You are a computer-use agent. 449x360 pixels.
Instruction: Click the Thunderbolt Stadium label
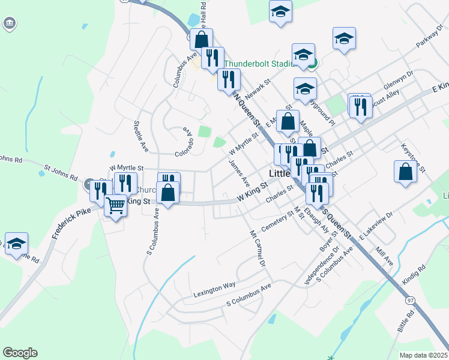pos(259,64)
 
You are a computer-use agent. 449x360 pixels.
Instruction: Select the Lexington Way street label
pos(214,290)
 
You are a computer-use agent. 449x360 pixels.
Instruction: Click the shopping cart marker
pos(115,205)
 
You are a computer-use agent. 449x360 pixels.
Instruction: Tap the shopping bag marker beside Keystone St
pos(405,171)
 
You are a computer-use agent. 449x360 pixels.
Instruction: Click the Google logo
pos(20,353)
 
